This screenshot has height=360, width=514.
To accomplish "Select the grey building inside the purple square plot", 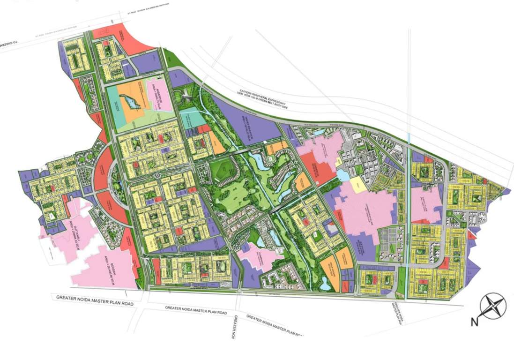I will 332,229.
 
